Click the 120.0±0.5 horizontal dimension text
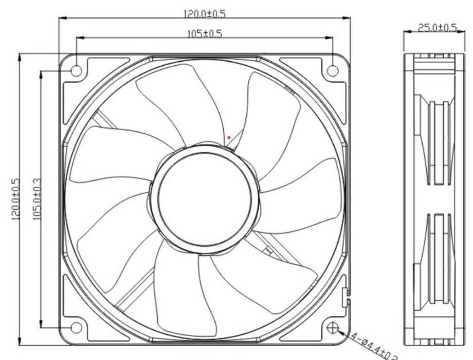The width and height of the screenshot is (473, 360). click(x=205, y=13)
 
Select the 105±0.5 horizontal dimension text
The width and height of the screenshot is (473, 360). click(x=205, y=33)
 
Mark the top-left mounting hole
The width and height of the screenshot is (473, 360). click(x=76, y=70)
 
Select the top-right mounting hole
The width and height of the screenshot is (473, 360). click(x=333, y=70)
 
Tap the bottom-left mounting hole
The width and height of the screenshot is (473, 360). click(x=76, y=328)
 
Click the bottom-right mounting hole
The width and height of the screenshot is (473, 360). click(x=333, y=328)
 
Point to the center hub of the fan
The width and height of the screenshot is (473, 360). click(x=205, y=198)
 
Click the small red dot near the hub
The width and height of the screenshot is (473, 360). click(x=229, y=137)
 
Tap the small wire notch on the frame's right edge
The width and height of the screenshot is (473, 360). click(x=346, y=293)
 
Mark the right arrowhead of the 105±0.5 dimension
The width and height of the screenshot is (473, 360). click(x=330, y=38)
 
